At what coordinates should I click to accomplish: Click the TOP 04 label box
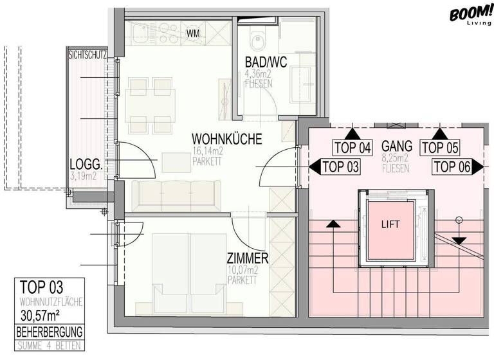[x=352, y=147]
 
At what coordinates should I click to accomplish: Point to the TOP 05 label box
[x=439, y=147]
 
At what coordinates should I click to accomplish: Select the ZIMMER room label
[x=248, y=258]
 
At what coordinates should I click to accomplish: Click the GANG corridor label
[x=397, y=145]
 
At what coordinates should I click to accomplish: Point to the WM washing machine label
[x=193, y=33]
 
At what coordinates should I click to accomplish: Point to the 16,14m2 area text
[x=207, y=152]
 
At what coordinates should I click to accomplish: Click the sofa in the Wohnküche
[x=176, y=194]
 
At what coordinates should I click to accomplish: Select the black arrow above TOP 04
[x=352, y=134]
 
